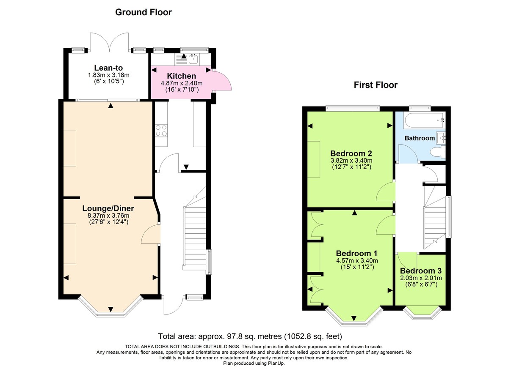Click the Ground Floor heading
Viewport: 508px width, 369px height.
(144, 12)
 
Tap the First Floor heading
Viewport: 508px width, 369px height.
(375, 85)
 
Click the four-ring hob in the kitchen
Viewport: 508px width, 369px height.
(161, 130)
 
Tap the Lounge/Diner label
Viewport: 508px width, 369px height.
(108, 208)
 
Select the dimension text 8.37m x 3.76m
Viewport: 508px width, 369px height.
(108, 215)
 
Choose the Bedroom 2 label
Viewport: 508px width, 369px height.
(351, 153)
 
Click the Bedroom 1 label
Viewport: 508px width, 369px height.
(357, 253)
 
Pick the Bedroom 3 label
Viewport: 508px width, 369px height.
(420, 271)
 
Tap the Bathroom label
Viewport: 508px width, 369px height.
(420, 138)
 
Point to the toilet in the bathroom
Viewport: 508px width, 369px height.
(436, 152)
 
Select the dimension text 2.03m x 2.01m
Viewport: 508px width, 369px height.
(420, 278)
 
